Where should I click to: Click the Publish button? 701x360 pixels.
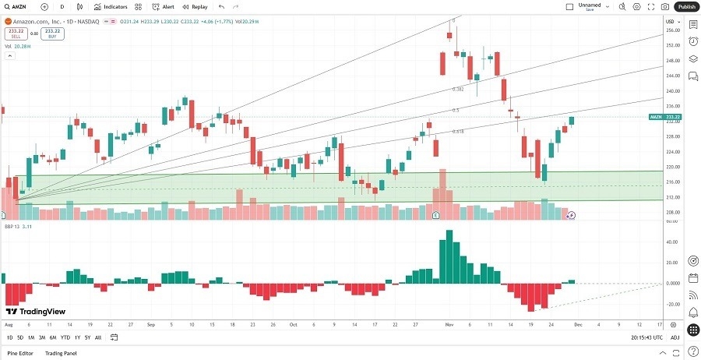[x=685, y=6]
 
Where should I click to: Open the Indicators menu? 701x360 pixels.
[x=111, y=6]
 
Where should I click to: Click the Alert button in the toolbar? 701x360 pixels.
[x=164, y=6]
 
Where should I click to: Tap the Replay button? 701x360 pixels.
[x=196, y=6]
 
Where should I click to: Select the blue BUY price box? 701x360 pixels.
[x=53, y=34]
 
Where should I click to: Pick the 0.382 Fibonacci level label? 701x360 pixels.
[x=458, y=89]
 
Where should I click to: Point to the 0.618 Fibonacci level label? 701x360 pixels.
[x=458, y=131]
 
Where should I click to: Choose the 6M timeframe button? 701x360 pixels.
[x=53, y=337]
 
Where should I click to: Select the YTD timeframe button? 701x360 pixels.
[x=65, y=337]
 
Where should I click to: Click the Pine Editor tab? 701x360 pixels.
[x=20, y=353]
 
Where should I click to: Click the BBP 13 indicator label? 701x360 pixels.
[x=12, y=226]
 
